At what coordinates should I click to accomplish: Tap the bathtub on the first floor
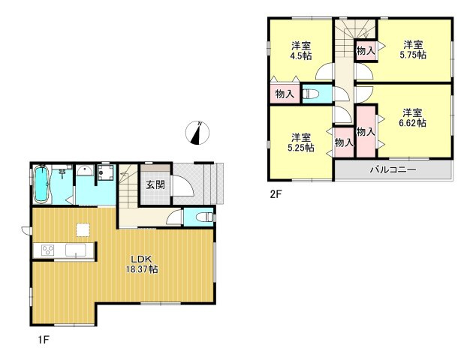tap(41, 184)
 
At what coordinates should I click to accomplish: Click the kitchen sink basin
tap(77, 250)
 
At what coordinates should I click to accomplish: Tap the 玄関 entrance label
tap(155, 184)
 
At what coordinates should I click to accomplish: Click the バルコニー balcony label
tap(392, 170)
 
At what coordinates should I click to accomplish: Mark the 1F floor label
tap(45, 339)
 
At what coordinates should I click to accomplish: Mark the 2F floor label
tap(277, 193)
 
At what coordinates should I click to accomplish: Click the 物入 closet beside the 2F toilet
tap(285, 94)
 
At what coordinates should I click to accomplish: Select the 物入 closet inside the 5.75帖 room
tap(365, 51)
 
